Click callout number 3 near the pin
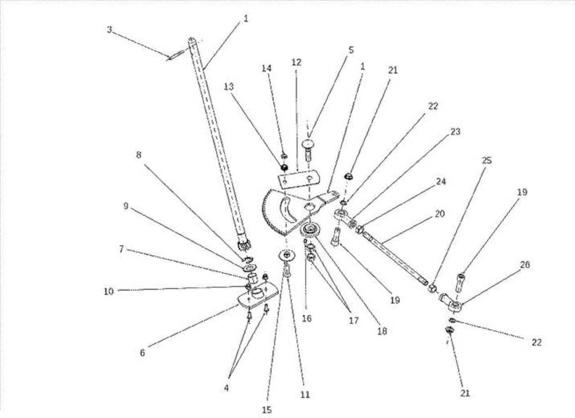pyautogui.click(x=110, y=30)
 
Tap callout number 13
pyautogui.click(x=229, y=87)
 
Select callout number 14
pyautogui.click(x=266, y=68)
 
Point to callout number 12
pyautogui.click(x=296, y=62)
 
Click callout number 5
pyautogui.click(x=351, y=50)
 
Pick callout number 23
pyautogui.click(x=456, y=132)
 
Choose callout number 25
pyautogui.click(x=487, y=161)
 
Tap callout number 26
pyautogui.click(x=524, y=265)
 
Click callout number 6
pyautogui.click(x=142, y=353)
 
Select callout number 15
pyautogui.click(x=267, y=410)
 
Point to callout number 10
pyautogui.click(x=109, y=291)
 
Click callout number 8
pyautogui.click(x=139, y=155)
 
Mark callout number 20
pyautogui.click(x=439, y=214)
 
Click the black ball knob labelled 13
pyautogui.click(x=284, y=168)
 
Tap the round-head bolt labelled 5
pyautogui.click(x=308, y=150)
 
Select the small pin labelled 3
pyautogui.click(x=175, y=55)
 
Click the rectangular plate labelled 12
pyautogui.click(x=299, y=180)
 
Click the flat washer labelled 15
pyautogui.click(x=287, y=255)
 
